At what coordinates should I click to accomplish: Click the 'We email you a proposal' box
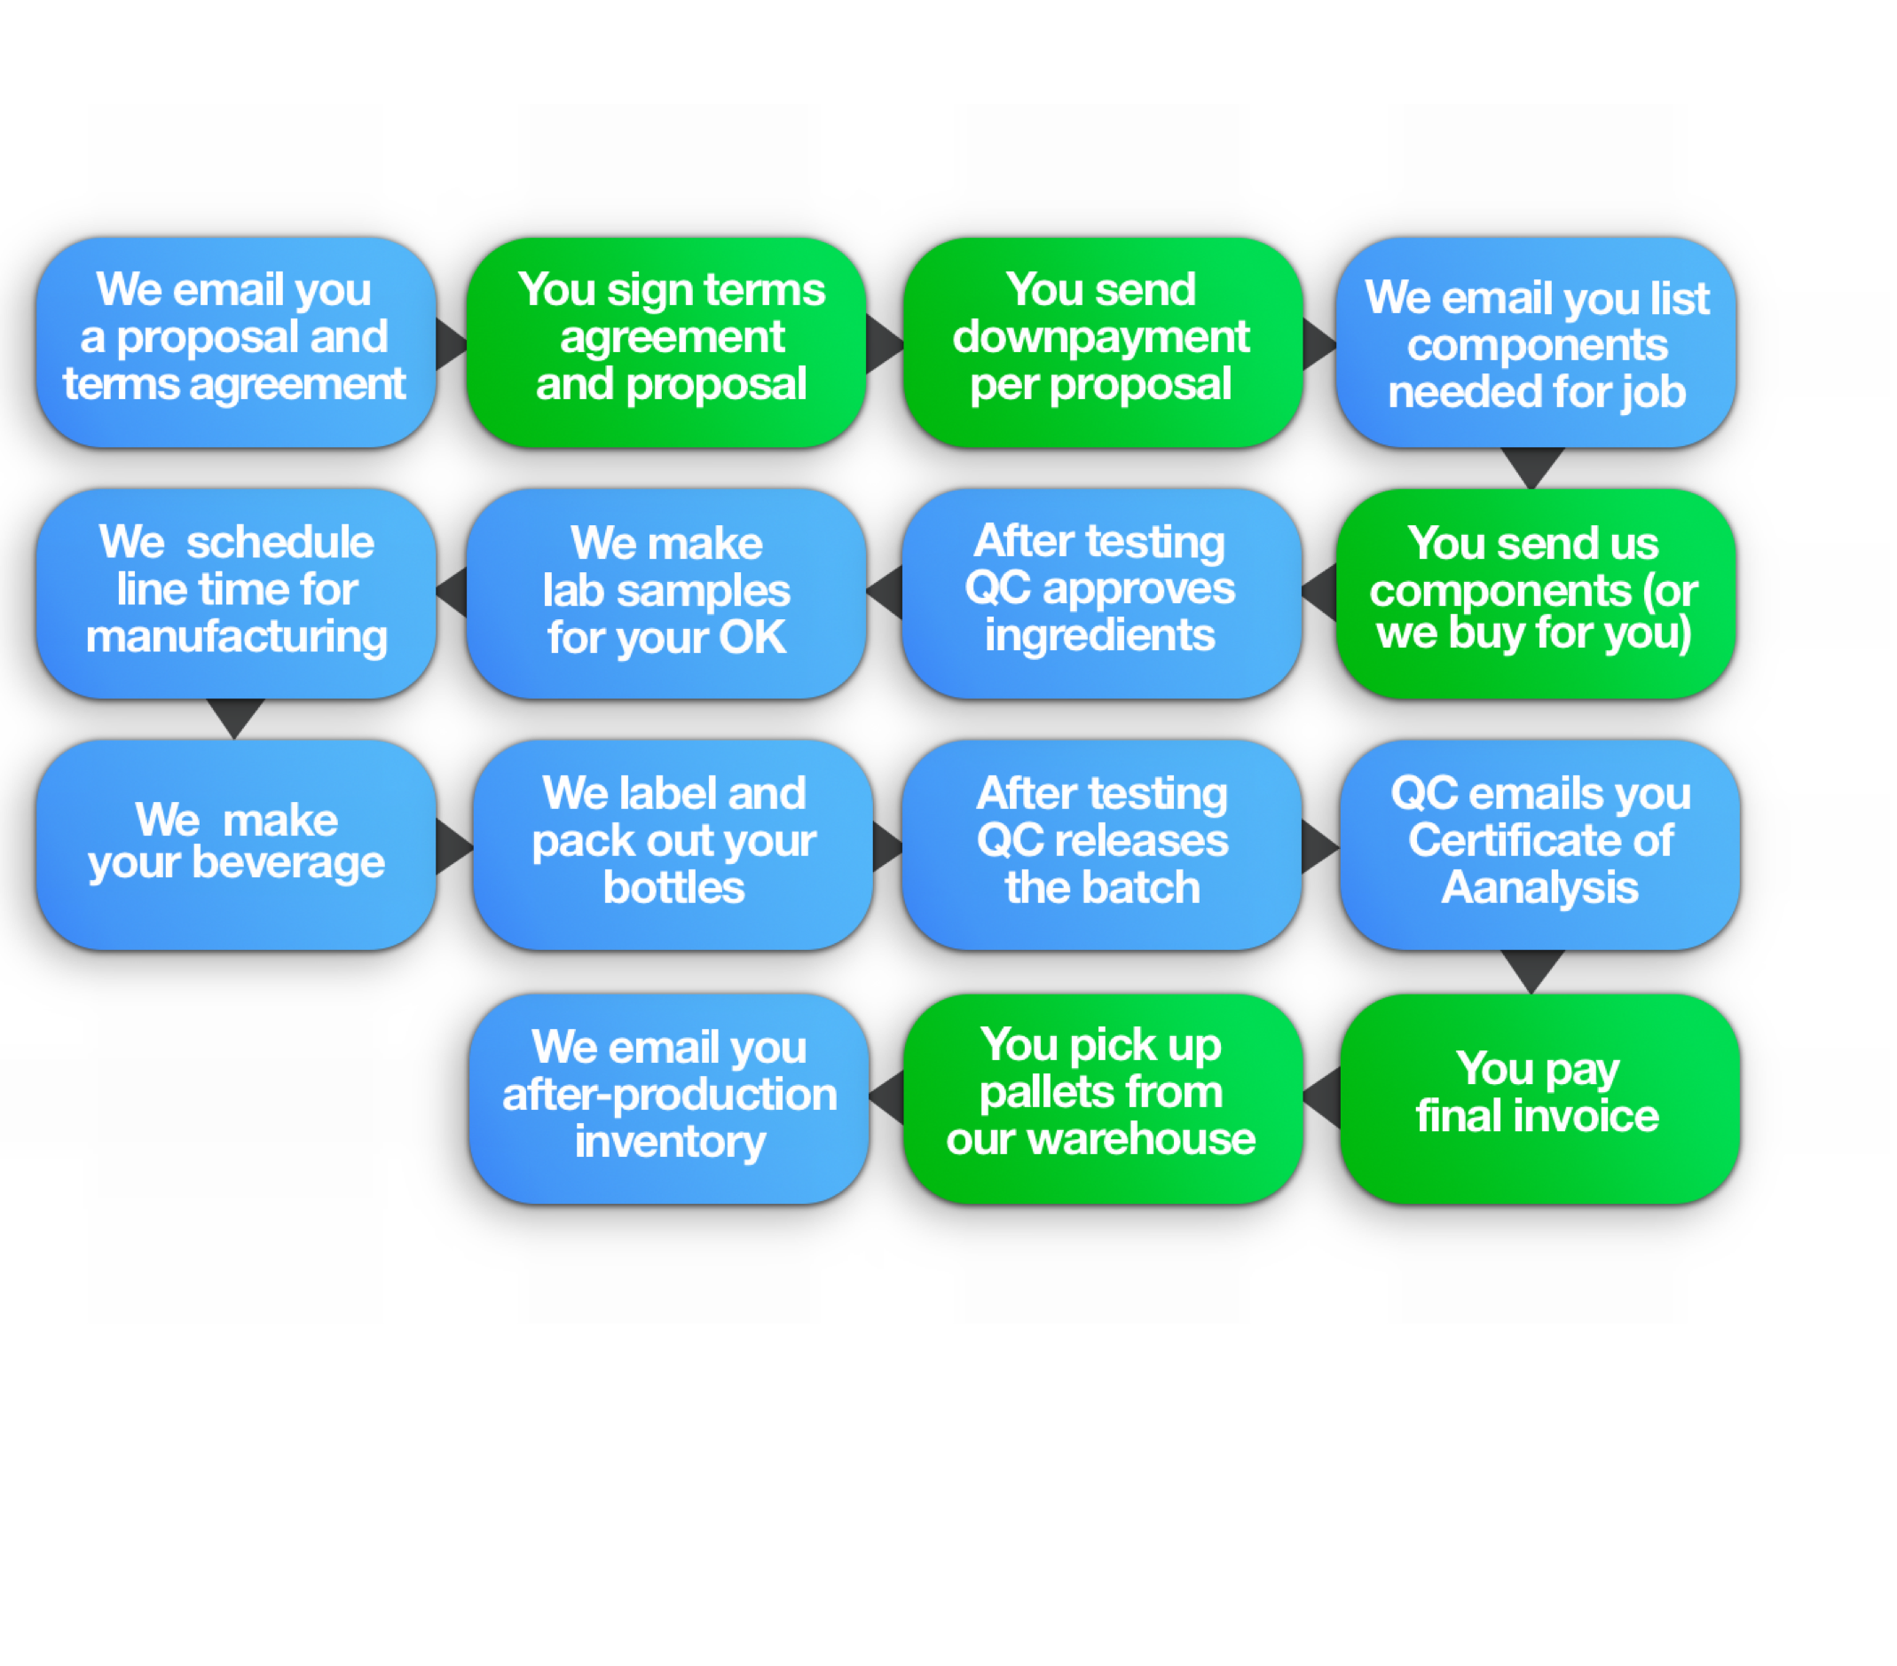click(x=236, y=342)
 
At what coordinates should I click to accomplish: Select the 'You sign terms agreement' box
click(x=666, y=342)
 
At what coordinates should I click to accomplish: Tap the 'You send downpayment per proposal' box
click(x=1103, y=342)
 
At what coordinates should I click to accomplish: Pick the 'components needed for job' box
click(x=1536, y=342)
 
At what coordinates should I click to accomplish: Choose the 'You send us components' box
click(x=1536, y=593)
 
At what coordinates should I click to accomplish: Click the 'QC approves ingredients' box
click(x=1102, y=593)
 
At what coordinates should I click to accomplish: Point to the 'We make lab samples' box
click(x=666, y=593)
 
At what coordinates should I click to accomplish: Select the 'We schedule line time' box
click(x=236, y=593)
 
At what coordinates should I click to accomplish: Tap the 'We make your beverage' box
click(x=236, y=845)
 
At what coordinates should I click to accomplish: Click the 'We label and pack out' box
click(x=673, y=845)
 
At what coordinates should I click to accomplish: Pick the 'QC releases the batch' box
click(x=1102, y=845)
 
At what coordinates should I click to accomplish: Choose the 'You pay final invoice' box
click(x=1539, y=1098)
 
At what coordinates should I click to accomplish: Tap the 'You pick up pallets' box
click(x=1103, y=1098)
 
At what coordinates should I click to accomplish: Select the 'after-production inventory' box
click(x=669, y=1098)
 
